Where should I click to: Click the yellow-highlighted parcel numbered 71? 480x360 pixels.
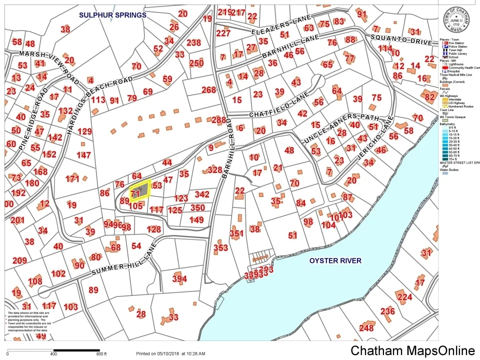click(139, 192)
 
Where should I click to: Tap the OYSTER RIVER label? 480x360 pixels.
click(335, 260)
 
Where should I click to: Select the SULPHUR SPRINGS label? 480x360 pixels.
click(112, 15)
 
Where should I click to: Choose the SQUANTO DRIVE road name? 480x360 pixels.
click(400, 39)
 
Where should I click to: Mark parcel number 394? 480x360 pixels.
click(179, 278)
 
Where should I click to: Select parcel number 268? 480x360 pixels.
click(208, 90)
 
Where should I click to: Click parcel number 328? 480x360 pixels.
click(214, 170)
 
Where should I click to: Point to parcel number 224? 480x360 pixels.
click(404, 297)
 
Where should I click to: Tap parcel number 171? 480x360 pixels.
click(72, 178)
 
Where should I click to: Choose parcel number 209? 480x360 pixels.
click(19, 260)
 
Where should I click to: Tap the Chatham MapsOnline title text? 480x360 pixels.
click(412, 350)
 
